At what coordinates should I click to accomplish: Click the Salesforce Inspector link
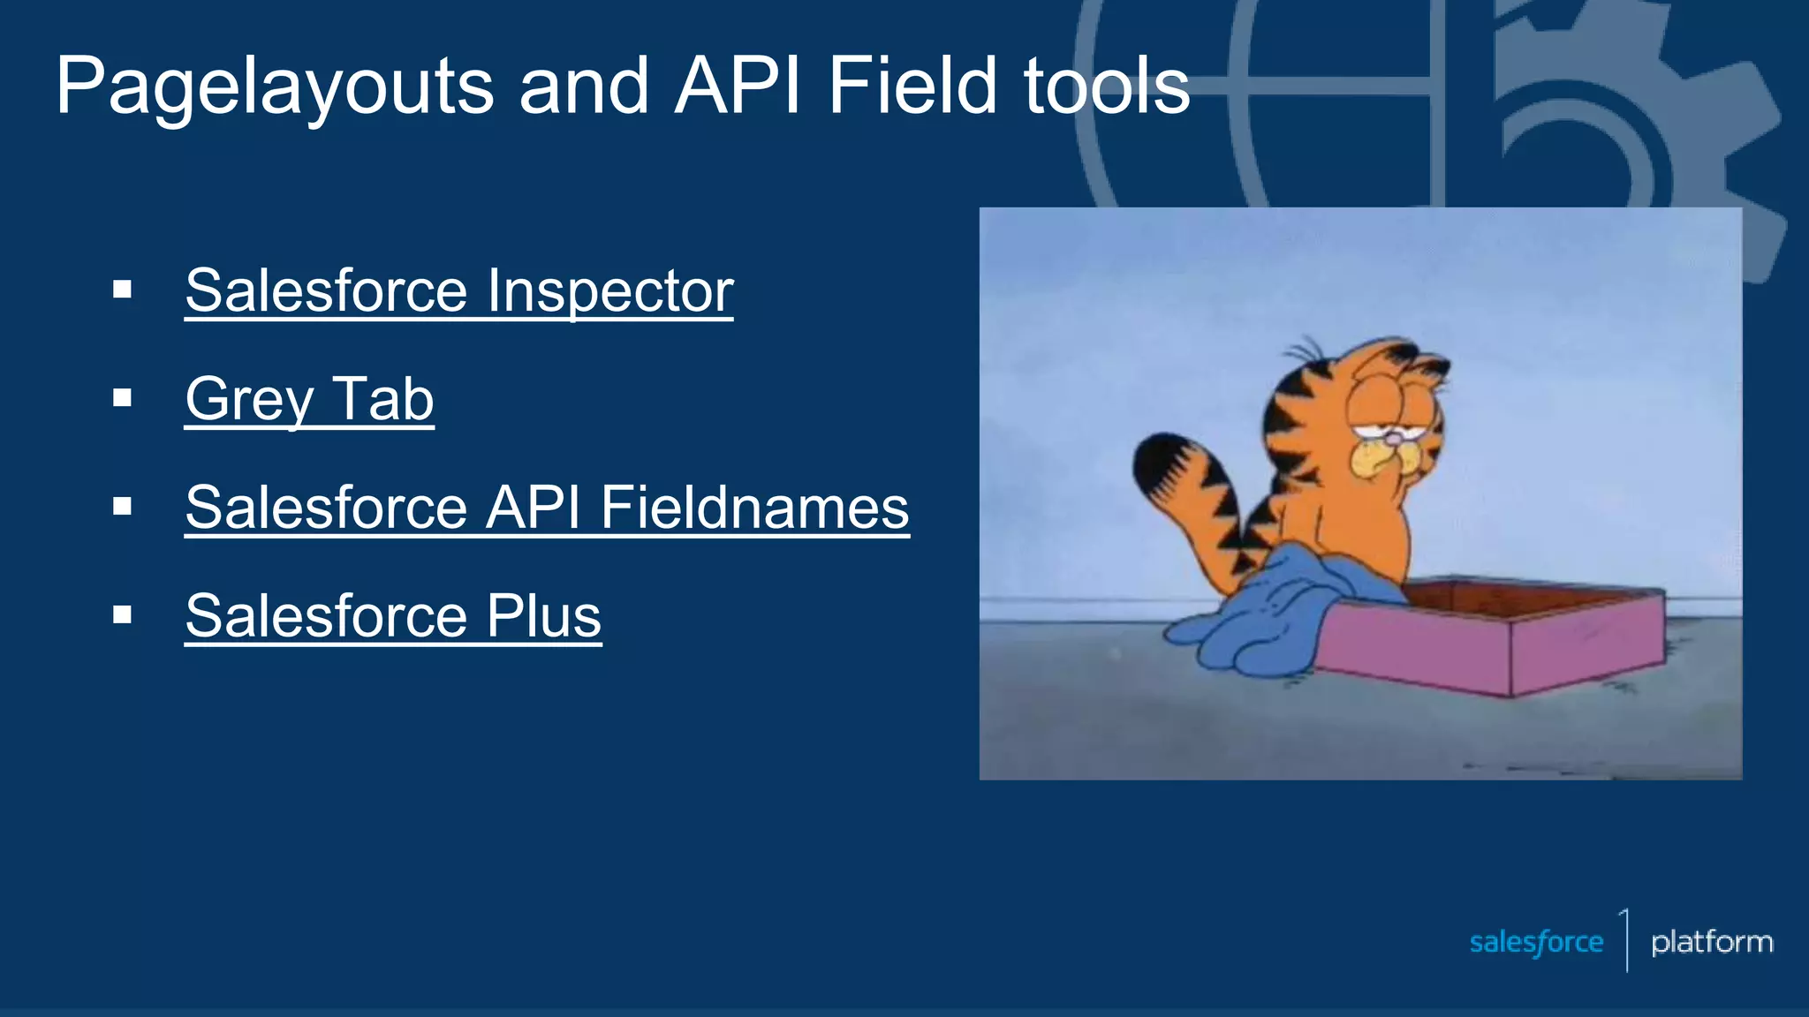(x=458, y=290)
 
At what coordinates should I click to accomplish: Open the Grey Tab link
(x=309, y=399)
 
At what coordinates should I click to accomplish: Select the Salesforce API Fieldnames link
(x=547, y=508)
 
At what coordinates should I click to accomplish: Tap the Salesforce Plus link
(x=393, y=615)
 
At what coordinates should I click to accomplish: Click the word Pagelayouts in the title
(x=274, y=87)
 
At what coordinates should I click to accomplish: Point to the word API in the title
(x=738, y=86)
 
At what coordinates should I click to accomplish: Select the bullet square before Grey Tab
(x=123, y=398)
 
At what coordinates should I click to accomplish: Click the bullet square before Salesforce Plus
(x=123, y=614)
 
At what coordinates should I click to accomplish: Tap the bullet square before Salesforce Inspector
(x=123, y=290)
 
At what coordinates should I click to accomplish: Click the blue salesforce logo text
(x=1536, y=942)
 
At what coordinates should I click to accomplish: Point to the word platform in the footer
(x=1711, y=942)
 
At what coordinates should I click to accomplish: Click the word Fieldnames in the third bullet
(x=754, y=508)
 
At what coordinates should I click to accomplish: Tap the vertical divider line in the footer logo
(x=1626, y=940)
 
